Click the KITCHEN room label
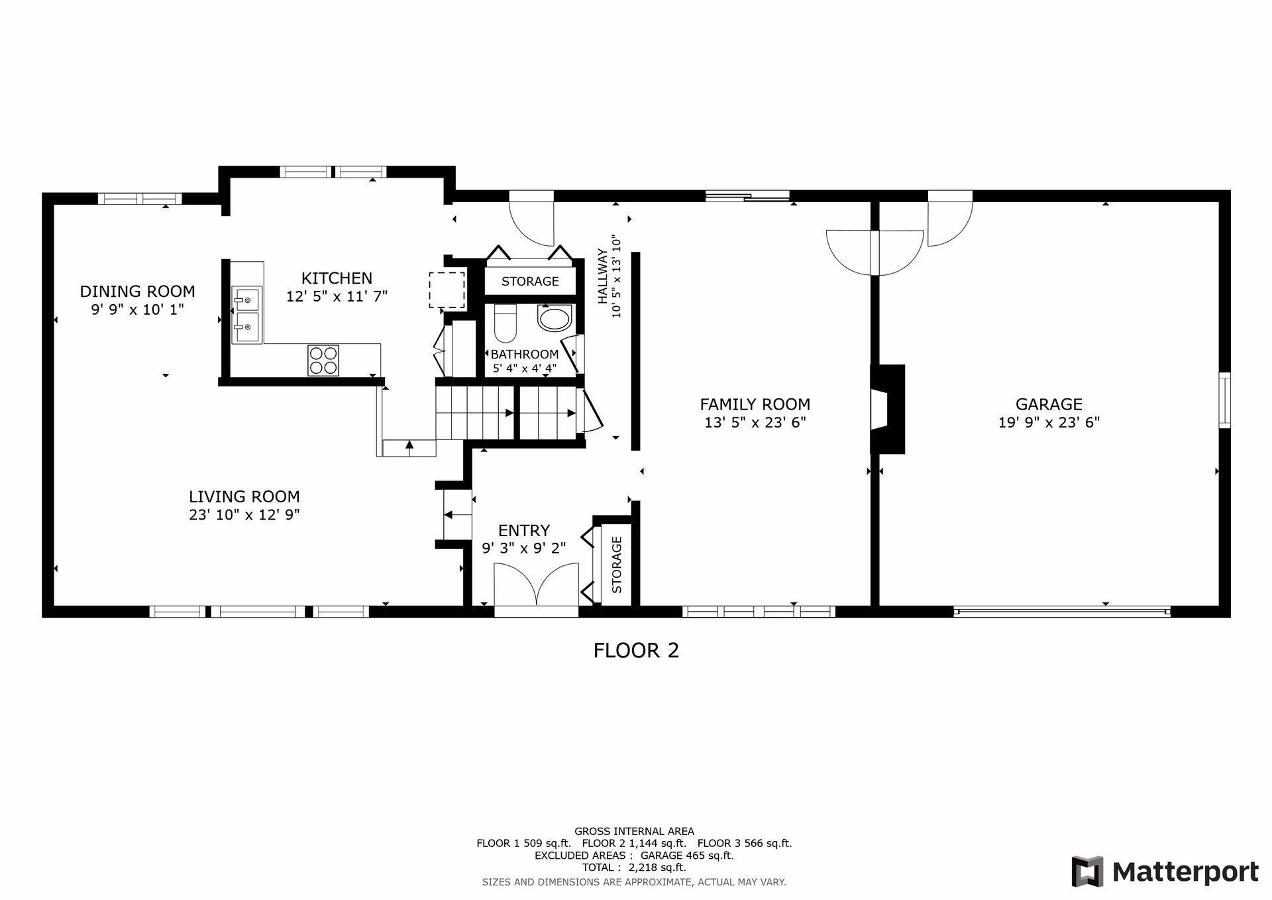coord(337,278)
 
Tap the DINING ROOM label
coord(138,292)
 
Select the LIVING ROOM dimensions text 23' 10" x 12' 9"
coord(244,515)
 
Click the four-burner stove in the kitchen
coord(323,361)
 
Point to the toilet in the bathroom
coord(505,322)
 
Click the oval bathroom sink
coord(555,319)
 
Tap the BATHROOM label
coord(525,355)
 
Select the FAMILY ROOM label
coord(755,404)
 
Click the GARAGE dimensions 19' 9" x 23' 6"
coord(1049,423)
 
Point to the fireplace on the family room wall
coord(888,410)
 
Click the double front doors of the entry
coord(537,585)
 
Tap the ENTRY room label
coord(524,531)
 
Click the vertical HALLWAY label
coord(602,276)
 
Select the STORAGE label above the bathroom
coord(530,281)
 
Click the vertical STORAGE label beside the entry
coord(617,565)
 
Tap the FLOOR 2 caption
coord(636,651)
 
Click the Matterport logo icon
coord(1088,872)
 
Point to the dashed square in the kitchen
coord(447,290)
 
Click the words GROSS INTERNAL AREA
coord(634,831)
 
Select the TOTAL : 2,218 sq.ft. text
coord(634,868)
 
